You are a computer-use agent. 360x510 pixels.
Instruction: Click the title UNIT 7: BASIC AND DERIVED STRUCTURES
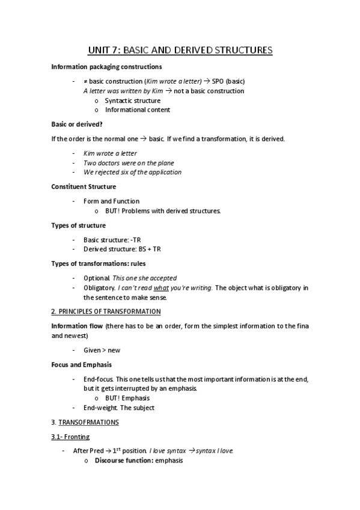pos(180,51)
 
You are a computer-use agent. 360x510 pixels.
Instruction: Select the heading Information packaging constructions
pos(106,67)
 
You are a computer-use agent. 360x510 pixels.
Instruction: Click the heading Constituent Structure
pos(84,186)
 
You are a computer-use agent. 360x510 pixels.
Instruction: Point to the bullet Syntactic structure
pos(132,100)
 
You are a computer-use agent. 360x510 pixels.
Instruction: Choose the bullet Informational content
pos(137,110)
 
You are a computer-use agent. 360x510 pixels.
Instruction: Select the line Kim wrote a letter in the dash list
pos(110,153)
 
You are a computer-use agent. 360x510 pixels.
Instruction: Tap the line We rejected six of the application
pos(132,172)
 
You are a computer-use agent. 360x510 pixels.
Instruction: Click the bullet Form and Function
pos(111,201)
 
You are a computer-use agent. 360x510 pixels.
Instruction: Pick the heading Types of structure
pos(79,225)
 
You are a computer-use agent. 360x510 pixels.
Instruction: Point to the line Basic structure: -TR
pos(112,239)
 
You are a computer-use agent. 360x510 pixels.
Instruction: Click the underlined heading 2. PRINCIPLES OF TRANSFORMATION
pos(106,312)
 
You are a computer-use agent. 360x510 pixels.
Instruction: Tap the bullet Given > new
pos(102,350)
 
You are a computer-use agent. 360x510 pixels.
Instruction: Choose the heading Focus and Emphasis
pos(82,364)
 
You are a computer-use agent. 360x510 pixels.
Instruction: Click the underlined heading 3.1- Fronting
pos(70,437)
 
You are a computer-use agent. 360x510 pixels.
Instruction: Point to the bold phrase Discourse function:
pos(124,461)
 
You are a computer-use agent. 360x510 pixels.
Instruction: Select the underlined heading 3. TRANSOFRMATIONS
pos(85,422)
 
